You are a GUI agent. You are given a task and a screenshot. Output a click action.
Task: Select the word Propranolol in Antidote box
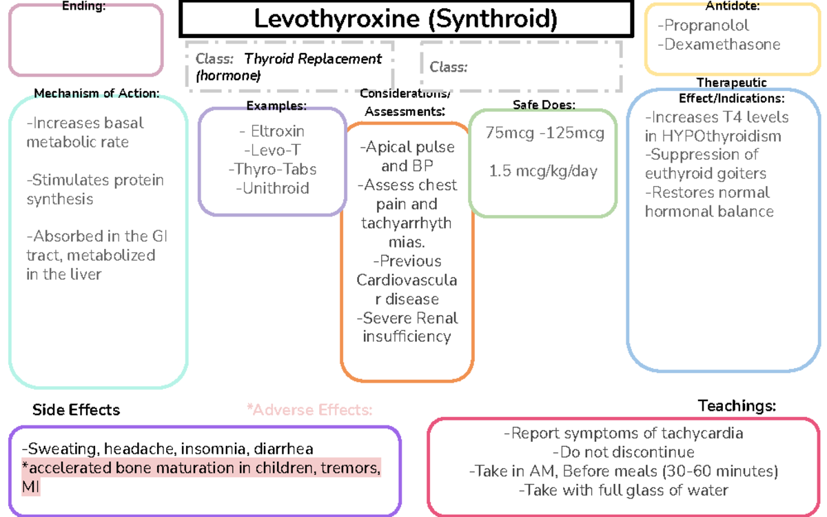(703, 26)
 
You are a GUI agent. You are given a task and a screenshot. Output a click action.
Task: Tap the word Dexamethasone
(719, 45)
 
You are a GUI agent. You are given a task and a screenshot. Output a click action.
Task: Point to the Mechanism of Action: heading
(96, 93)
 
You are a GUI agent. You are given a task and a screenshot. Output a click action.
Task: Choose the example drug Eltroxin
(272, 131)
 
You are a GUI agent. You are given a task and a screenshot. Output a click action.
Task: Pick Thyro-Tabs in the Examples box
(272, 169)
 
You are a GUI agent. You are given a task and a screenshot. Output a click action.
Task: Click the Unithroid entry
(272, 188)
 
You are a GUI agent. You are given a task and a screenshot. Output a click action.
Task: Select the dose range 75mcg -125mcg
(544, 133)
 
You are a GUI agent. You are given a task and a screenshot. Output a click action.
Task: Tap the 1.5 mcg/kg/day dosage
(543, 172)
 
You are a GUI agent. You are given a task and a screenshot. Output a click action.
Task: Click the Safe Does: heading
(544, 105)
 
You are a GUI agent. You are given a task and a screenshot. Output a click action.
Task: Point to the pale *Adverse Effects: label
(309, 410)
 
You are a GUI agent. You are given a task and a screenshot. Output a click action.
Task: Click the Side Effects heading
(76, 410)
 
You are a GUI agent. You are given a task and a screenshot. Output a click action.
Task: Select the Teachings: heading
(737, 405)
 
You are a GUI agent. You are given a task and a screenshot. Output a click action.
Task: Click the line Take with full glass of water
(624, 491)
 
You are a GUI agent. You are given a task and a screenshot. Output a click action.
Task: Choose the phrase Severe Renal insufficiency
(407, 327)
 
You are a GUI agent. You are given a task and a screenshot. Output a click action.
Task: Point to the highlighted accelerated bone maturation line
(201, 469)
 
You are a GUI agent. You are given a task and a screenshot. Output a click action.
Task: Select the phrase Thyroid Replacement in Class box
(313, 59)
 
